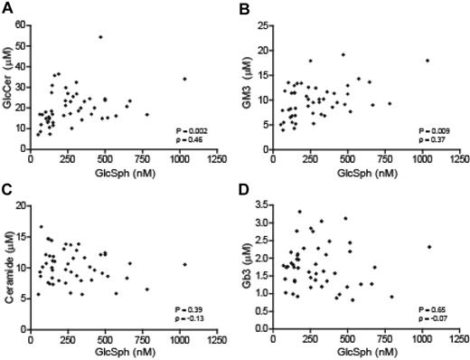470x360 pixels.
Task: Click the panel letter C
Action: coord(6,189)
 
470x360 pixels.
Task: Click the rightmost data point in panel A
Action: coord(184,79)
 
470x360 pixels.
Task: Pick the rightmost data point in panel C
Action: coord(184,265)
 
